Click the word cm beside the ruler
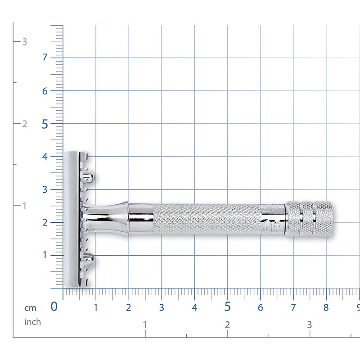[x=30, y=308]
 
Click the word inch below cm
[x=32, y=322]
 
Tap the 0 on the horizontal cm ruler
[x=54, y=307]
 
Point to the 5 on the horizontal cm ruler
[x=228, y=307]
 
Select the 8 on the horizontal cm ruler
[x=326, y=308]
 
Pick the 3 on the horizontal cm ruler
[x=162, y=308]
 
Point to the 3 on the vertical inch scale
[x=25, y=42]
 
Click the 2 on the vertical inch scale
[x=25, y=124]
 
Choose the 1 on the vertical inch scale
[x=25, y=206]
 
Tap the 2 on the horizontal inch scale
[x=227, y=324]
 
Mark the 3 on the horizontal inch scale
[x=309, y=324]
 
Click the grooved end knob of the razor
[x=311, y=219]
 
